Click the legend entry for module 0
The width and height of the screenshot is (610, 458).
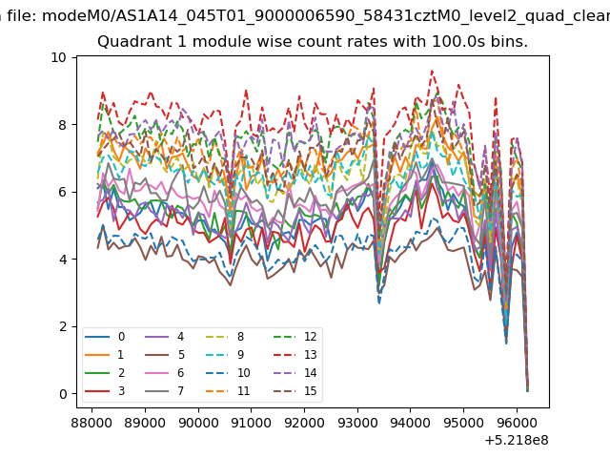coord(105,337)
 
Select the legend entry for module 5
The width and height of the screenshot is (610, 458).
coord(165,355)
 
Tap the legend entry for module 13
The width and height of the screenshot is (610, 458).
coord(295,355)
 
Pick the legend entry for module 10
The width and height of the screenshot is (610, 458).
coord(228,373)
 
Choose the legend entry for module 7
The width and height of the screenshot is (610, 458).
coord(165,391)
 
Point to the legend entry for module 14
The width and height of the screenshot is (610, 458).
coord(295,373)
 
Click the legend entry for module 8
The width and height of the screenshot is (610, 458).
coord(225,337)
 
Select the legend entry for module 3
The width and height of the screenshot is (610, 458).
coord(105,391)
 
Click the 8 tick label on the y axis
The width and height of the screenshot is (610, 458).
coord(63,125)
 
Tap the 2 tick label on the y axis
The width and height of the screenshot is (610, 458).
coord(63,326)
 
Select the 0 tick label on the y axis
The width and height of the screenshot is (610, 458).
coord(63,394)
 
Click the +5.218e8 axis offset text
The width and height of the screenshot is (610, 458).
coord(517,441)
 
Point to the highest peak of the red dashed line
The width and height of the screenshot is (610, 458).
coord(432,71)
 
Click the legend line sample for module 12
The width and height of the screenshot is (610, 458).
coord(286,337)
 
